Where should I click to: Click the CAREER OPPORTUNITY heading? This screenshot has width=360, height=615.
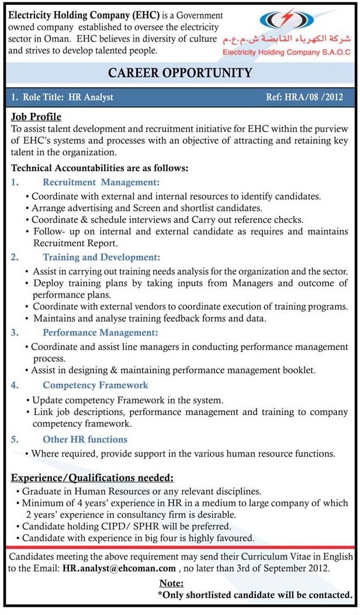click(x=180, y=73)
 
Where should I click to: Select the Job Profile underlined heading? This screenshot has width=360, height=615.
click(x=36, y=117)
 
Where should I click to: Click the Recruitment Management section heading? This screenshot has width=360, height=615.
click(x=101, y=182)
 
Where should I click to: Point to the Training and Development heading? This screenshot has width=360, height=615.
click(x=101, y=257)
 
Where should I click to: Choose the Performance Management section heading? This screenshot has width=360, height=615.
click(x=101, y=333)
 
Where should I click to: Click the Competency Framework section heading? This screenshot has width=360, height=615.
click(x=95, y=385)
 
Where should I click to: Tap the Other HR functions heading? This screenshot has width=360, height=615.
click(x=85, y=439)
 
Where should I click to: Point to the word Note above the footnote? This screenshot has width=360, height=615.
click(x=171, y=583)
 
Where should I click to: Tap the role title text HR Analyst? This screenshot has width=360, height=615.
click(x=91, y=97)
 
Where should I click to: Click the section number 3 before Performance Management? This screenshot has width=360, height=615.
click(x=14, y=333)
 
